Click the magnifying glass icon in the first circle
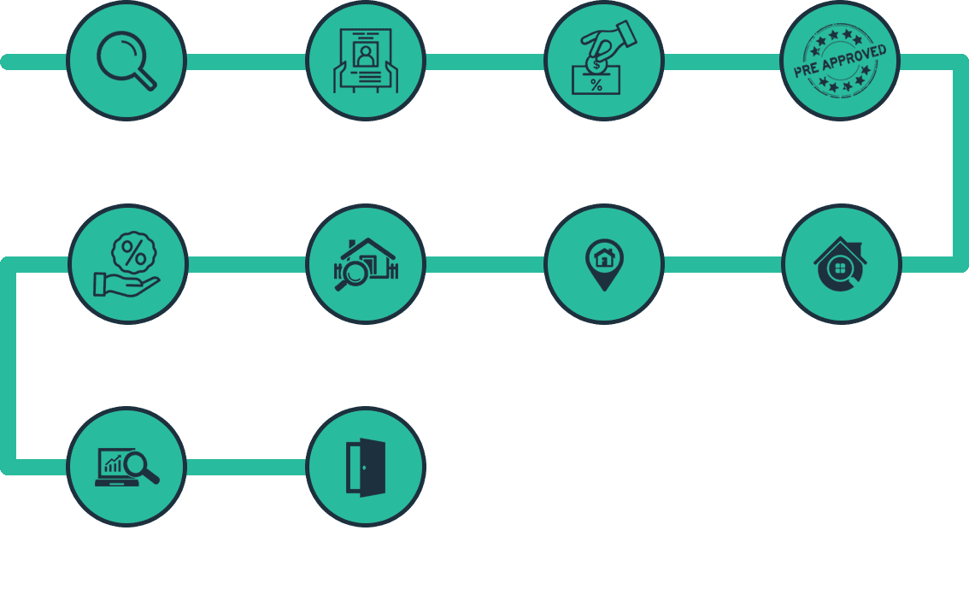click(x=126, y=62)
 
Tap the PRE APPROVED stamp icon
click(x=840, y=62)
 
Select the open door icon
click(x=366, y=468)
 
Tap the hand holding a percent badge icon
click(x=126, y=264)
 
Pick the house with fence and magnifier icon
click(x=366, y=264)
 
